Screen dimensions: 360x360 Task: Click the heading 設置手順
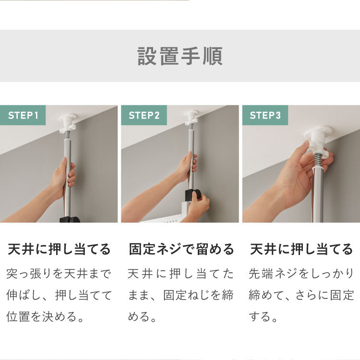(x=180, y=57)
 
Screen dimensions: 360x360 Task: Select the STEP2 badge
(x=144, y=116)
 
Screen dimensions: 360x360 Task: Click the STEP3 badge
(x=265, y=116)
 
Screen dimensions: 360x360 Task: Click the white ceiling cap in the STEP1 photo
(x=68, y=121)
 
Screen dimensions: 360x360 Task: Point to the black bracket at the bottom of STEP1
(x=70, y=220)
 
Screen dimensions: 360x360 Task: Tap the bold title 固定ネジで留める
(x=181, y=249)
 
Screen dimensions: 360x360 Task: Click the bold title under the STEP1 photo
(x=59, y=249)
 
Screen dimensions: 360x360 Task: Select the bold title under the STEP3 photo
(x=301, y=249)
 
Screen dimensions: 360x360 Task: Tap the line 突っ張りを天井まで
(x=59, y=274)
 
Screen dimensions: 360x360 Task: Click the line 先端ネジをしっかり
(x=301, y=274)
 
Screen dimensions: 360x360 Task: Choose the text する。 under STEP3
(x=263, y=316)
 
